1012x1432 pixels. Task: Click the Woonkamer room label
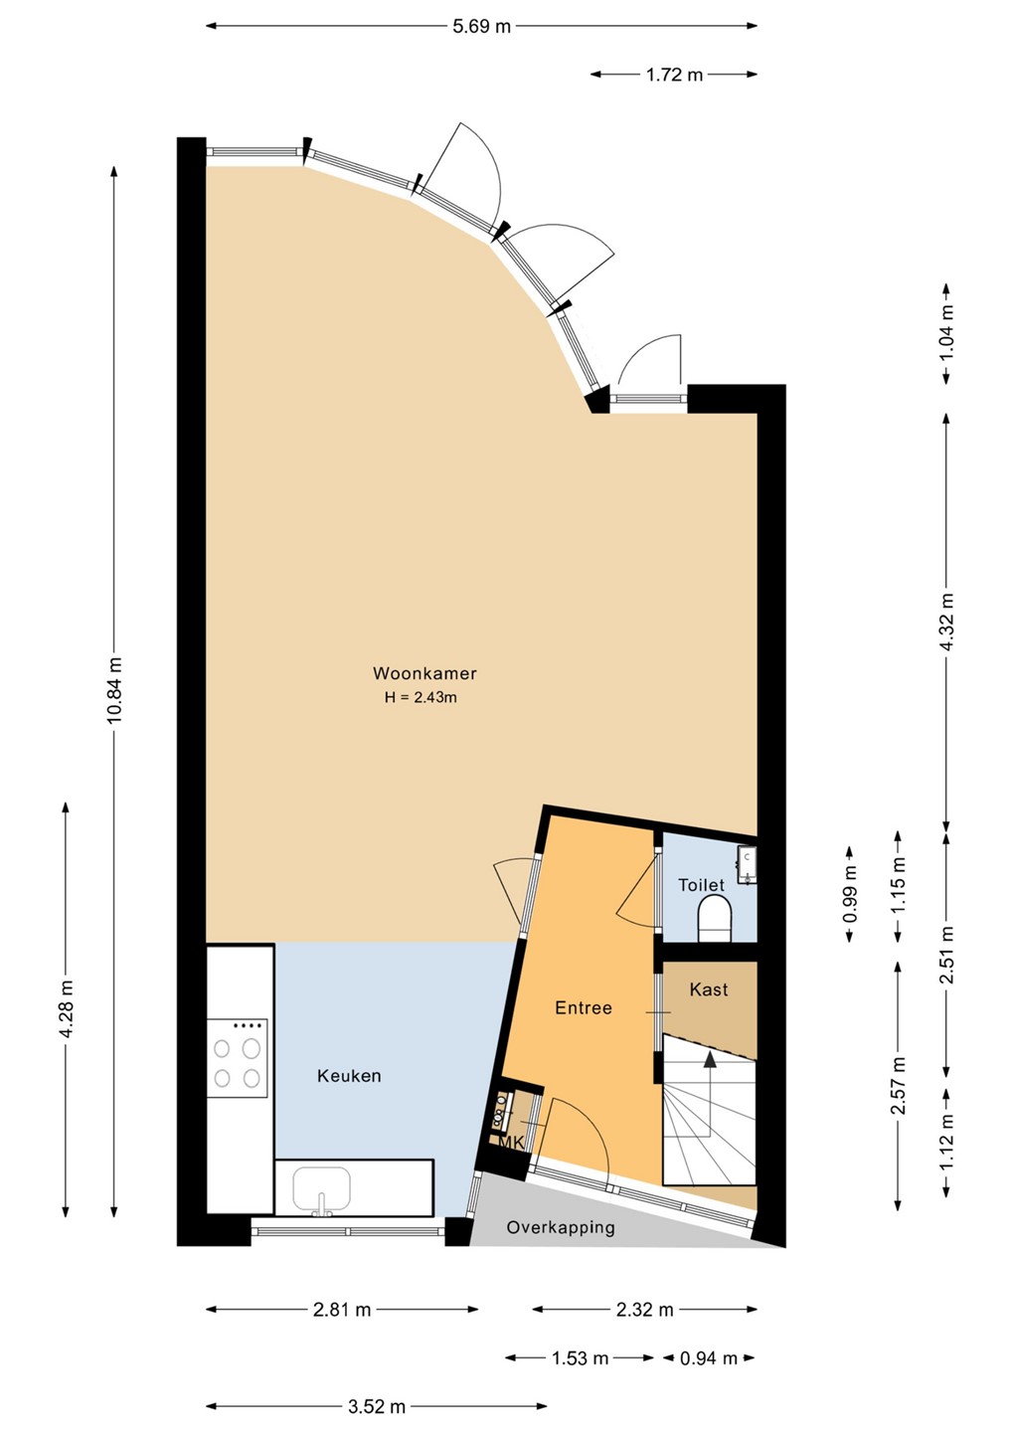pyautogui.click(x=424, y=673)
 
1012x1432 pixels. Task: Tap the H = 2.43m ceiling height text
pyautogui.click(x=421, y=697)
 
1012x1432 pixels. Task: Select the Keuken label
pyautogui.click(x=349, y=1076)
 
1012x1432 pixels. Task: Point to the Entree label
pyautogui.click(x=584, y=1008)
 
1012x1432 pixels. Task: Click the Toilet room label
pyautogui.click(x=701, y=885)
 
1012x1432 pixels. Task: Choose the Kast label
pyautogui.click(x=709, y=989)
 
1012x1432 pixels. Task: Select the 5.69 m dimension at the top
pyautogui.click(x=482, y=26)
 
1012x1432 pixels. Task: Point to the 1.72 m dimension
pyautogui.click(x=674, y=75)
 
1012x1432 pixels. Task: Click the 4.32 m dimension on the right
pyautogui.click(x=946, y=621)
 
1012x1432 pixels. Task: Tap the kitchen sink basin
pyautogui.click(x=321, y=1189)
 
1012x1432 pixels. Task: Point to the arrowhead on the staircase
pyautogui.click(x=709, y=1060)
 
